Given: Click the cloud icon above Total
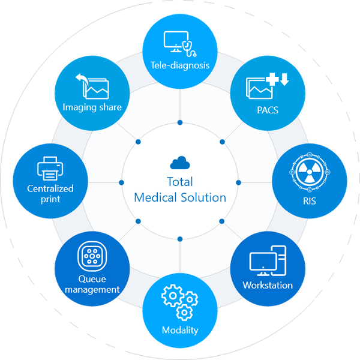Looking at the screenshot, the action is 180,163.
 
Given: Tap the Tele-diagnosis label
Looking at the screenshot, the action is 180,65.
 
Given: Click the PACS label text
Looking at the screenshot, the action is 268,110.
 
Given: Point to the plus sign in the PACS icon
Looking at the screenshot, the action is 272,79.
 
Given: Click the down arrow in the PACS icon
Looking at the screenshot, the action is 284,79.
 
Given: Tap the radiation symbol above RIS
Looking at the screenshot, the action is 310,172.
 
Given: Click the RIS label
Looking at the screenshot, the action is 310,201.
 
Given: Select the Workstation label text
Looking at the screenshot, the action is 268,286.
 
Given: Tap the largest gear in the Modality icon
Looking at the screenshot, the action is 173,296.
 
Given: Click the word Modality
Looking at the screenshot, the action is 180,331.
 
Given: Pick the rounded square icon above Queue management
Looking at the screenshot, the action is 92,256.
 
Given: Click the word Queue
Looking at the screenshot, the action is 92,279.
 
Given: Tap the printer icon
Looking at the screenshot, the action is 50,169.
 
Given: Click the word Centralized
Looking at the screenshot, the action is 50,189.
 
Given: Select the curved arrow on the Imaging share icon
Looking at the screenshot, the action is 81,80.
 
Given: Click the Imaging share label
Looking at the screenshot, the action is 92,107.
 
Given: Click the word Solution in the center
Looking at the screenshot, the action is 203,197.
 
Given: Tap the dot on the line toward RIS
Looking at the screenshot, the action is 239,182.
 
